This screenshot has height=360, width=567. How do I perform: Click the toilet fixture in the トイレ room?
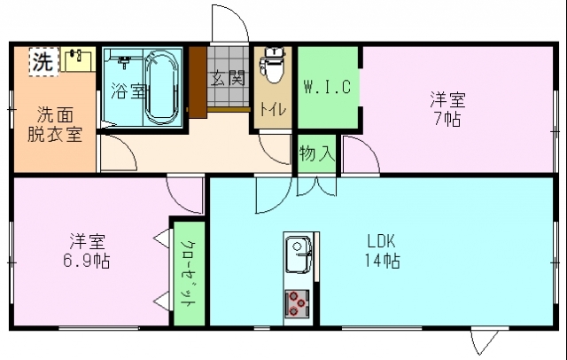click(x=273, y=66)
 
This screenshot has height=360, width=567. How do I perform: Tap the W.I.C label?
click(x=328, y=87)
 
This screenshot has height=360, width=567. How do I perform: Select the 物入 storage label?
click(x=317, y=153)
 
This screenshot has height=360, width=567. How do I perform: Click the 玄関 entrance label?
click(x=227, y=77)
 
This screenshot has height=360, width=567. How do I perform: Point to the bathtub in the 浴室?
click(x=161, y=87)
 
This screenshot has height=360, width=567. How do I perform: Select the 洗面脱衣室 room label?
click(x=54, y=124)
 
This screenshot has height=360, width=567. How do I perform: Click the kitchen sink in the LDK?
click(x=298, y=254)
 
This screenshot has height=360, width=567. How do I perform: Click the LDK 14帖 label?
click(x=382, y=249)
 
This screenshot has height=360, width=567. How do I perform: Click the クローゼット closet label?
click(x=188, y=273)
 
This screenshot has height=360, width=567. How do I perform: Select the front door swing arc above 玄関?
click(x=225, y=23)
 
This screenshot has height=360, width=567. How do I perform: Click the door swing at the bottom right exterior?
click(x=485, y=341)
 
